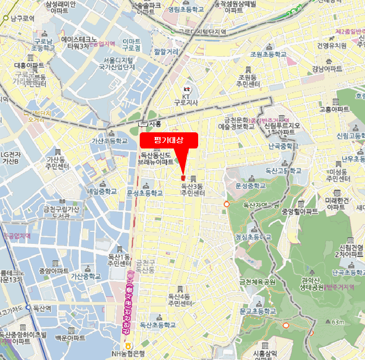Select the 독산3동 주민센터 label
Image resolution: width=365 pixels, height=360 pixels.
pos(193,189)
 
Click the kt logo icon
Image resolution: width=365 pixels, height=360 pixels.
pos(186,89)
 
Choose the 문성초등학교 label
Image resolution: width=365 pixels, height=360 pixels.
pos(145,193)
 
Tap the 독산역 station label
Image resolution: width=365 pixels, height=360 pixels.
pos(42,308)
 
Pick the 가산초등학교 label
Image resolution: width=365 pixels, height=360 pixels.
pos(110,141)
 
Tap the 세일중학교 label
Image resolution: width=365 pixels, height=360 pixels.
pos(102,191)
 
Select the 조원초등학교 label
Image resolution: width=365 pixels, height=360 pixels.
pos(269,54)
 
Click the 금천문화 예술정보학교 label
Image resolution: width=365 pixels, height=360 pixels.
pos(236,123)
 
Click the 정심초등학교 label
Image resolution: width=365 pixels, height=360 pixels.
pos(253,236)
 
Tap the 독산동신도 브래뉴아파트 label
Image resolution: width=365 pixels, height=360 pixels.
pos(156,158)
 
